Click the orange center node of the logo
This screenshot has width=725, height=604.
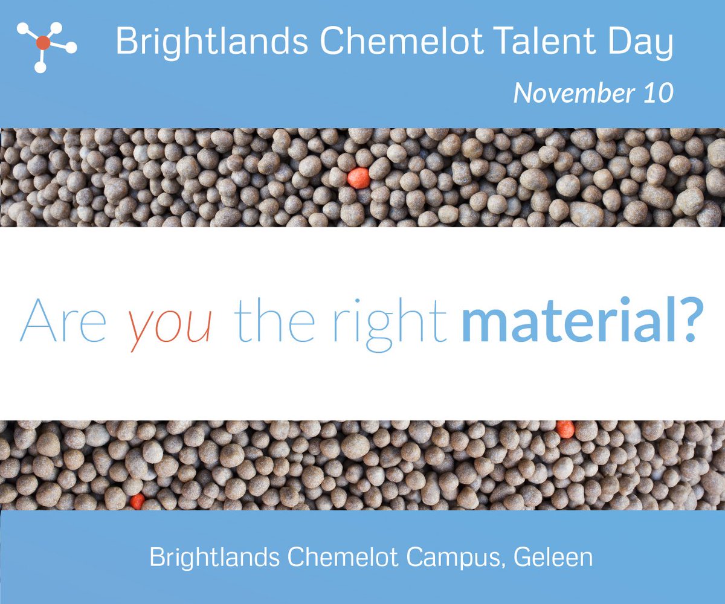coord(43,42)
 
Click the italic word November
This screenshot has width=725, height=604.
coord(564,94)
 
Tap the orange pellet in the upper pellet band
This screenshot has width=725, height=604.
coord(358,178)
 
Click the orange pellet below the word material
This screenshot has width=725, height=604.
coord(565,429)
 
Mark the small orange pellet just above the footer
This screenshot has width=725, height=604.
coord(137,501)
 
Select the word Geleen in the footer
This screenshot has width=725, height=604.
coord(553,556)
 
